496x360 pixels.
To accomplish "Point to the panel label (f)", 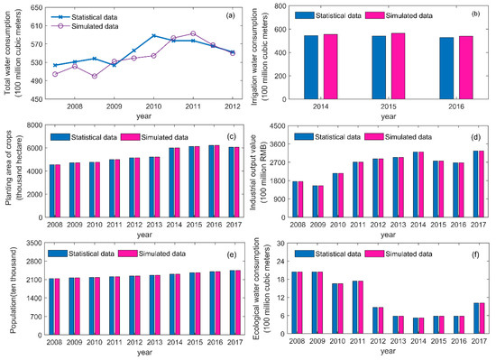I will coord(475,254).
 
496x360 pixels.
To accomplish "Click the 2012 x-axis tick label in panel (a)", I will coord(231,106).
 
